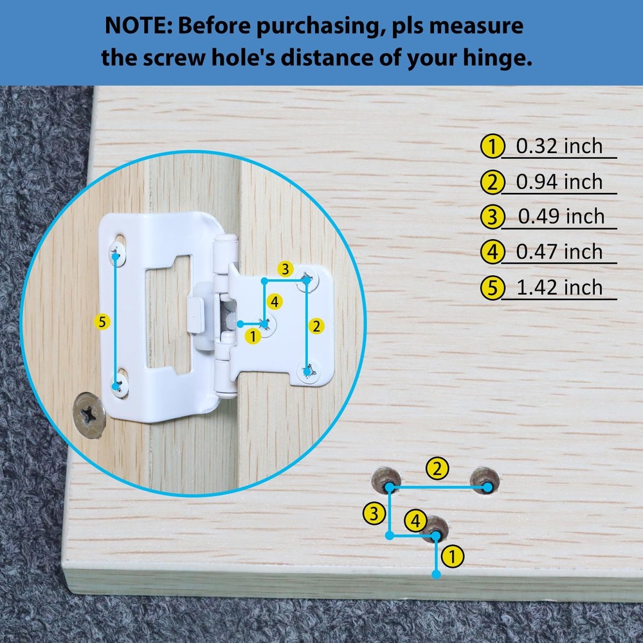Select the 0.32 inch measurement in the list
559,147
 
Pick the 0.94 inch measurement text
559,182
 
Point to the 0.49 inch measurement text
561,217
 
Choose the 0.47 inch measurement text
559,252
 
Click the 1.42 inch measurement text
559,287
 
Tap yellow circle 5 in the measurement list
492,287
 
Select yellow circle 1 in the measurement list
492,147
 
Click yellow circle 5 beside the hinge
102,322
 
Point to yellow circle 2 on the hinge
316,327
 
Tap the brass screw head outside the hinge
89,415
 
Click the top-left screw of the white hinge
117,253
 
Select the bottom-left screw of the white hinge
120,385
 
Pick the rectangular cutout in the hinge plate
168,314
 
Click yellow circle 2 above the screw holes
437,469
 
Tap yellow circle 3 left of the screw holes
374,513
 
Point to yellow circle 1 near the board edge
452,556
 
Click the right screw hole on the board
484,480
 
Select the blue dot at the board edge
437,574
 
